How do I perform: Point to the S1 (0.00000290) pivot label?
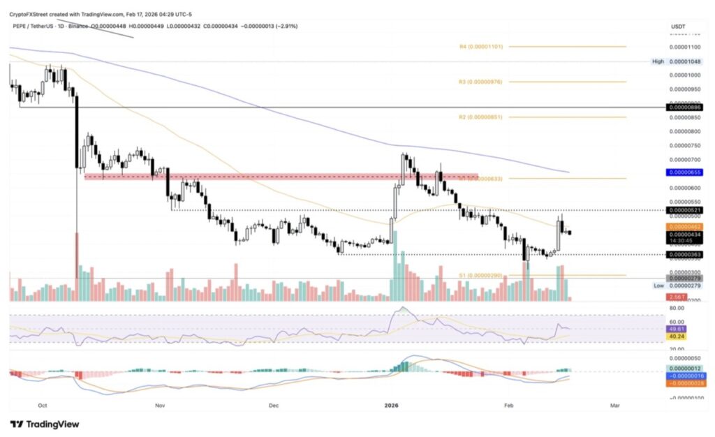[x=482, y=276]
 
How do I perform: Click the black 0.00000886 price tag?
[x=684, y=107]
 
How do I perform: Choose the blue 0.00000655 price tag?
[x=684, y=172]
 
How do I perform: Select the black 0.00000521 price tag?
[x=684, y=210]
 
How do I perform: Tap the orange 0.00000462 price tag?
[x=684, y=227]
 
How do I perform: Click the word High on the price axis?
[x=658, y=61]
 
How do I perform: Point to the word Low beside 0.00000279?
[x=658, y=286]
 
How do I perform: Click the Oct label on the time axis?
[x=43, y=404]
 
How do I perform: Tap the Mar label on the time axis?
[x=615, y=404]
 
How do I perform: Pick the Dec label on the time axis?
[x=273, y=404]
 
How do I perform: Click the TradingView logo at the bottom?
[x=45, y=424]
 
